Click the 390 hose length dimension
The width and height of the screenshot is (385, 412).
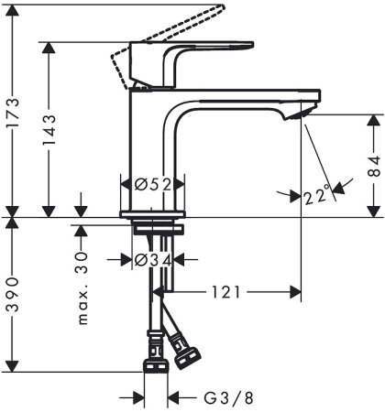point(12,296)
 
